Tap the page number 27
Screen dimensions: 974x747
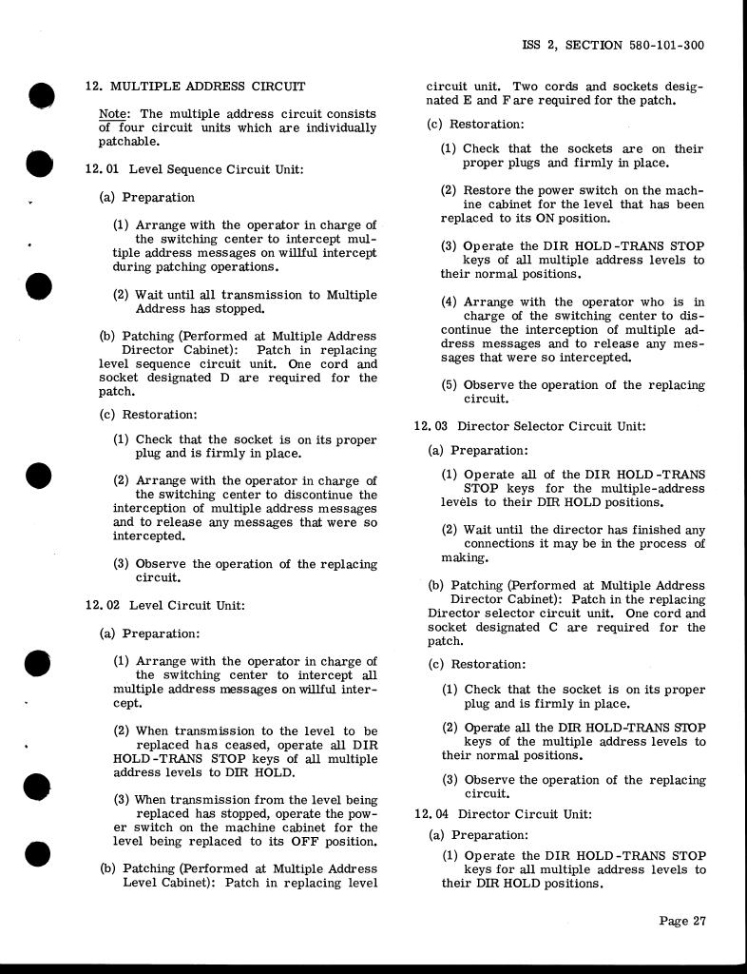[699, 920]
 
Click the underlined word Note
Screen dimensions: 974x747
[113, 113]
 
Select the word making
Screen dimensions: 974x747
[464, 558]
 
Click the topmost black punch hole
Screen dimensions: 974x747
[40, 96]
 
